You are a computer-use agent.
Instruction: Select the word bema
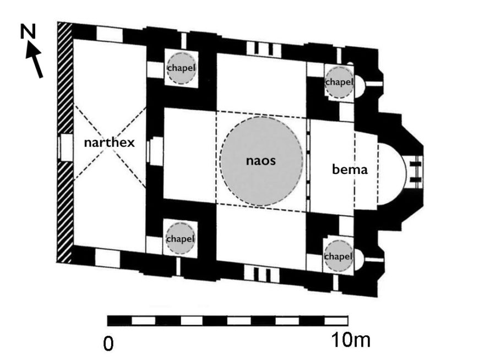point(350,169)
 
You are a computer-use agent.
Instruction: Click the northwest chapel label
point(181,68)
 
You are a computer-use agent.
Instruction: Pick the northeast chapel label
point(339,82)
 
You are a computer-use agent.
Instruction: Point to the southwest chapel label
point(181,239)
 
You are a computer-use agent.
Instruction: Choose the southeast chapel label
point(339,257)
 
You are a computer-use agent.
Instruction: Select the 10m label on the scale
point(351,341)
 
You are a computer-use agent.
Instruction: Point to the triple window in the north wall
point(259,48)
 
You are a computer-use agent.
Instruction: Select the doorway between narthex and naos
point(156,149)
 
